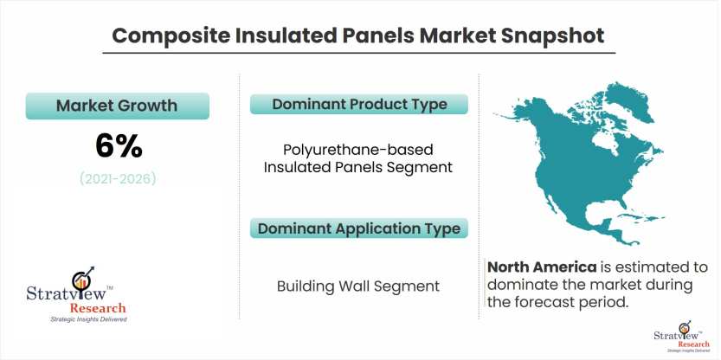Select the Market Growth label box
[x=117, y=106]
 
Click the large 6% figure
[x=119, y=146]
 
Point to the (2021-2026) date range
[x=118, y=178]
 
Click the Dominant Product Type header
[x=359, y=104]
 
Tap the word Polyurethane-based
[x=358, y=150]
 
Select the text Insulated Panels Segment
[x=358, y=167]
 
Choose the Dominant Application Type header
[x=359, y=228]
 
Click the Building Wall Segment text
[x=358, y=286]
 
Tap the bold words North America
[x=542, y=267]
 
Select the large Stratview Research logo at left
[x=76, y=294]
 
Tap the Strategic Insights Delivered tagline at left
[x=88, y=319]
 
